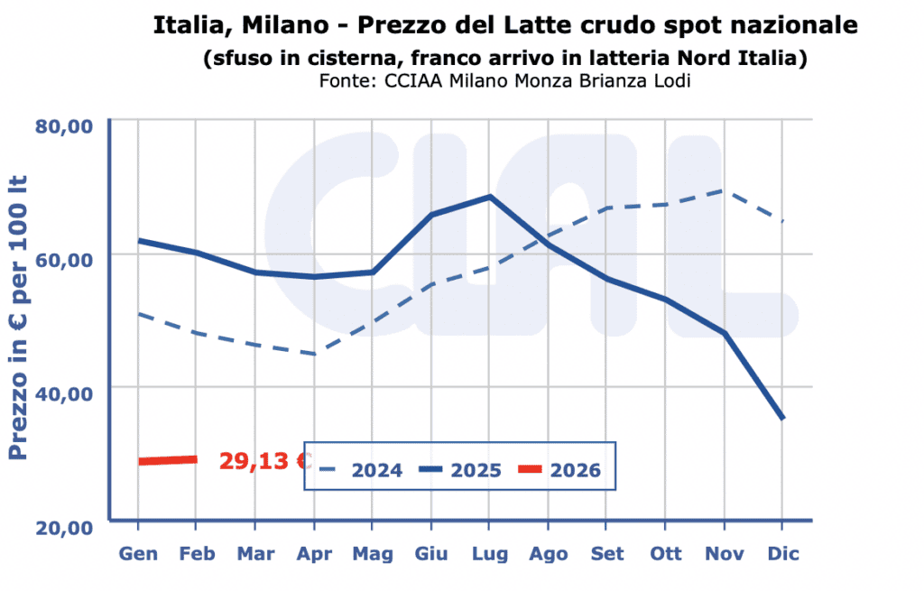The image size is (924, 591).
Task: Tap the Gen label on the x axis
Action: tap(138, 554)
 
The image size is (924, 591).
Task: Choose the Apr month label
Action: tap(314, 554)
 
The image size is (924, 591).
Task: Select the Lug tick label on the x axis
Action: tap(489, 554)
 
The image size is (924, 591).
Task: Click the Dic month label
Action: tap(782, 554)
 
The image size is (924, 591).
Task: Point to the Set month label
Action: tap(606, 554)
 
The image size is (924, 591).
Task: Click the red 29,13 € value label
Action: tap(264, 461)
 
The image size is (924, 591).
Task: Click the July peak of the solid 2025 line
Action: tap(489, 197)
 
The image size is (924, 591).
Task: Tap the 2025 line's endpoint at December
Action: tap(781, 418)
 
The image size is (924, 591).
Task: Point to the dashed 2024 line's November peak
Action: tap(724, 190)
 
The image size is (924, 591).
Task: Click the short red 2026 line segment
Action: tap(168, 460)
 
